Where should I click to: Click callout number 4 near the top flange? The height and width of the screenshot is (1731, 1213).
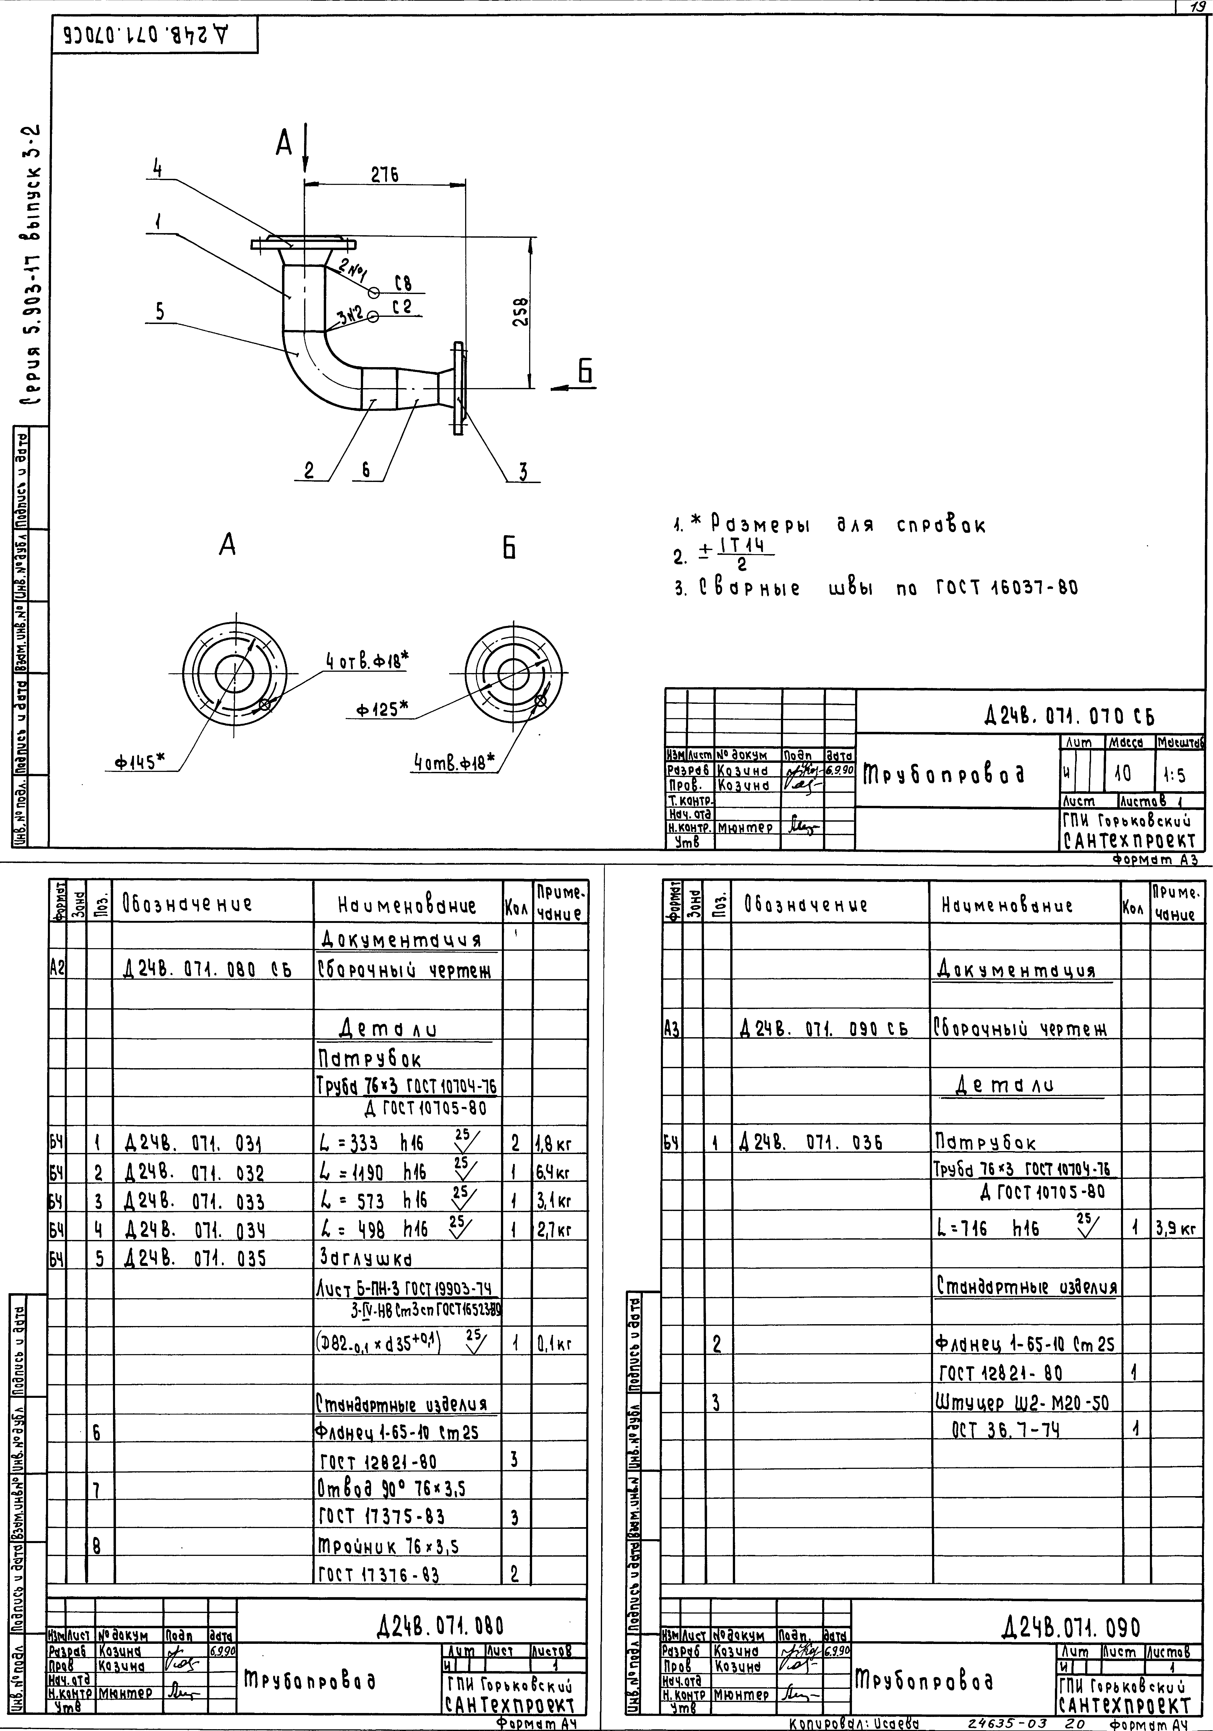158,170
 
